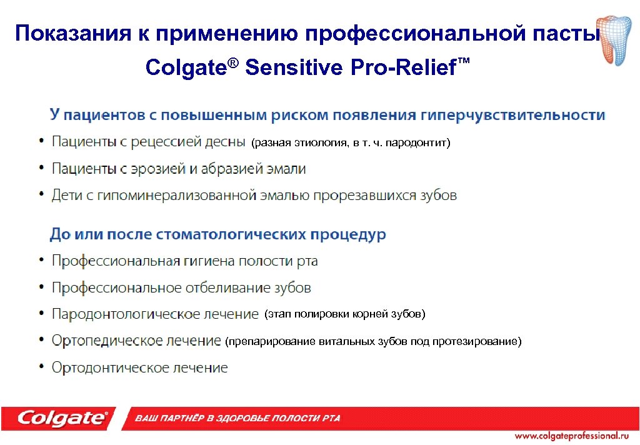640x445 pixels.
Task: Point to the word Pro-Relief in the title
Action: point(403,67)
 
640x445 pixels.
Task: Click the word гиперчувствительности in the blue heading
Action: point(512,116)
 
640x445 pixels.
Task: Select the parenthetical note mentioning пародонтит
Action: point(350,143)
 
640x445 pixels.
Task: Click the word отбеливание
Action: point(227,288)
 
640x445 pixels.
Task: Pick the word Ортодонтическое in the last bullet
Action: point(109,368)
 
